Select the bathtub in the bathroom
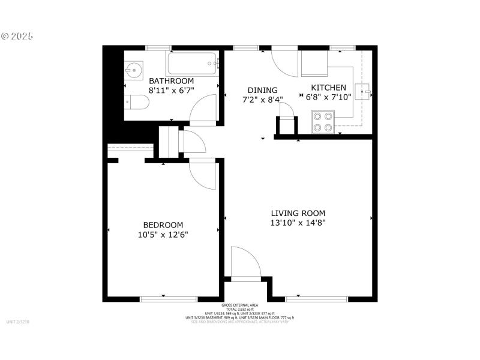tap(191, 63)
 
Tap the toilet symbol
tap(136, 103)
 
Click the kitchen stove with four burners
tap(323, 122)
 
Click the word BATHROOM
tap(171, 81)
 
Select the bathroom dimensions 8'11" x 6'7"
tap(171, 91)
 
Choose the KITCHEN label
tap(328, 88)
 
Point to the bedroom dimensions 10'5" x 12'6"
tap(163, 235)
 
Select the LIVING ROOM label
tap(298, 213)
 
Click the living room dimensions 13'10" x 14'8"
tap(298, 223)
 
